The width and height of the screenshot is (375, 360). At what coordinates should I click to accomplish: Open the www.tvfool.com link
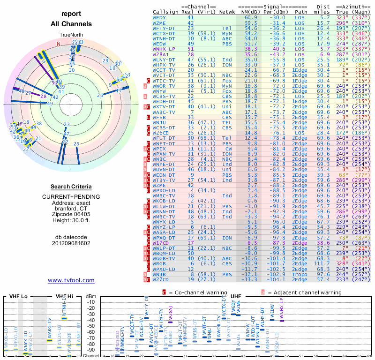[x=71, y=280]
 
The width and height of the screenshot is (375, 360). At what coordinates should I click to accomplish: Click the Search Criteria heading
[x=71, y=187]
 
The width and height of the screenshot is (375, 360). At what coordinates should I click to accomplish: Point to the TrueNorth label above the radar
[x=71, y=35]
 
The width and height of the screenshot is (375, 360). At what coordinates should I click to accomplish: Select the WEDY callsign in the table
[x=159, y=17]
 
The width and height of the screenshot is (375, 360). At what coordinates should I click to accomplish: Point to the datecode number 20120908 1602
[x=71, y=243]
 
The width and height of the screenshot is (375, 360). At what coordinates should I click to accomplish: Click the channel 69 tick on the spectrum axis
[x=369, y=356]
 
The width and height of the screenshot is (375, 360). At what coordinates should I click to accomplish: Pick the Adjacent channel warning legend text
[x=305, y=292]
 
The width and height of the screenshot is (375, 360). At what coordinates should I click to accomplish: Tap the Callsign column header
[x=165, y=12]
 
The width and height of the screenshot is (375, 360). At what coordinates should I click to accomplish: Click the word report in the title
[x=71, y=14]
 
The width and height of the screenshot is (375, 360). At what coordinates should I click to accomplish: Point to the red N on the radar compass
[x=58, y=44]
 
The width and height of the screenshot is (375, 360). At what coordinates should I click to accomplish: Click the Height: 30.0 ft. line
[x=71, y=220]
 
